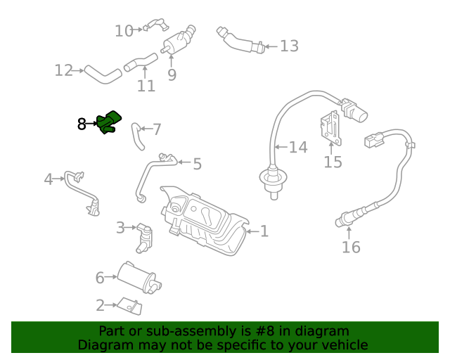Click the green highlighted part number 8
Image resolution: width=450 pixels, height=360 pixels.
pos(109,122)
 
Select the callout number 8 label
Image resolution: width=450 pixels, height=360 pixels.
pos(82,124)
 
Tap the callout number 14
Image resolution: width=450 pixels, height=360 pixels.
pos(298,147)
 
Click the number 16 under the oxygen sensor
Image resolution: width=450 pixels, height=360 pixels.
pos(351,247)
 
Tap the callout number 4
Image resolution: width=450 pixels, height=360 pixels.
pos(49,179)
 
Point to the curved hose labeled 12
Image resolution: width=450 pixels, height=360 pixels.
pos(103,74)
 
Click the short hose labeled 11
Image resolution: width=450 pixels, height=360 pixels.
pos(141,62)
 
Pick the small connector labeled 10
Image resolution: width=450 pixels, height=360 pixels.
pos(155,27)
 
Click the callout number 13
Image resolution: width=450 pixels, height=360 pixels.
pos(289,46)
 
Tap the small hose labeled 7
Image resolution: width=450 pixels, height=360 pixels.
pos(136,136)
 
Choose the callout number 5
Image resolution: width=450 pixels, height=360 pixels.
pos(197,164)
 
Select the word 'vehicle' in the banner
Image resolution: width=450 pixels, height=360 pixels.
pos(344,345)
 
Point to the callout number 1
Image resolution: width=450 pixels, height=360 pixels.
pos(264,231)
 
